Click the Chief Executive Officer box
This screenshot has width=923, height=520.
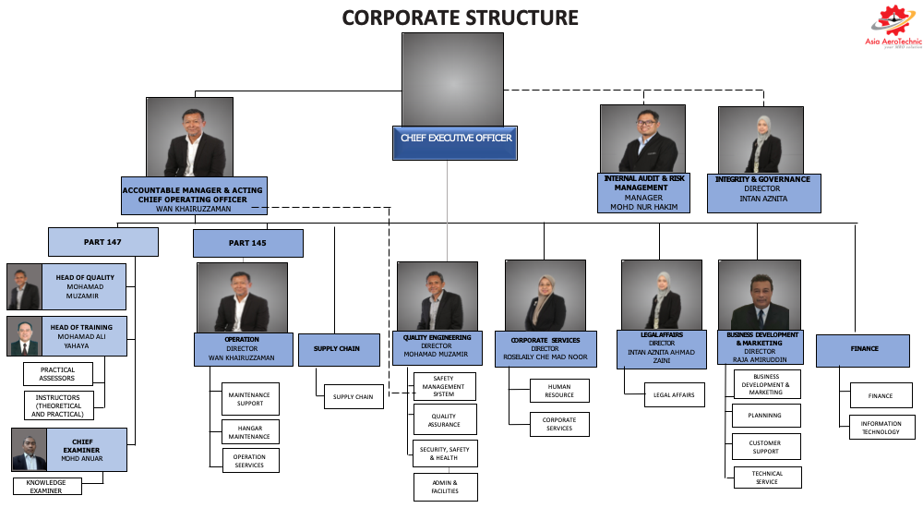[x=455, y=139]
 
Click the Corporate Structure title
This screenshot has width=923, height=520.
[x=461, y=18]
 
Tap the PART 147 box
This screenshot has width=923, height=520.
[x=102, y=242]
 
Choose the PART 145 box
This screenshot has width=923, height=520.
[x=247, y=243]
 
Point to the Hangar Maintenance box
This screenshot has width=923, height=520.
[x=250, y=431]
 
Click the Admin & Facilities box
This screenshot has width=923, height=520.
[x=445, y=486]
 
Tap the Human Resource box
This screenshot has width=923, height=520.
[x=559, y=391]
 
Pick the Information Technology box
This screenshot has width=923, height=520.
[x=880, y=428]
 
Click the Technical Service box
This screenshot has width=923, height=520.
[x=766, y=478]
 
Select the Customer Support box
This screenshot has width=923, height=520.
[x=765, y=447]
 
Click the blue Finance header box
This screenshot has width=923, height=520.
[x=862, y=349]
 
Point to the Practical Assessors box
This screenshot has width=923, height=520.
[x=58, y=373]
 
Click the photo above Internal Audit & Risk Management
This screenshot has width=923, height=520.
[x=642, y=139]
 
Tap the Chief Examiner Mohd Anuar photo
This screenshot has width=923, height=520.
[x=30, y=450]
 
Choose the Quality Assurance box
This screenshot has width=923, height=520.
[x=444, y=419]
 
